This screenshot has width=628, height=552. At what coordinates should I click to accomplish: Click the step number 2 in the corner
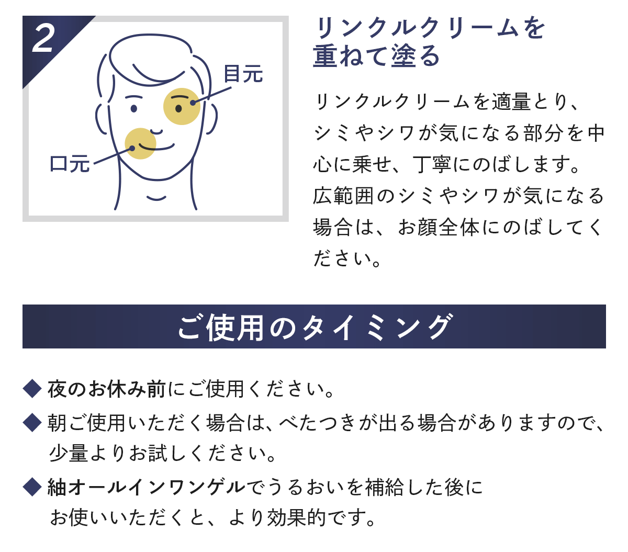[x=43, y=39]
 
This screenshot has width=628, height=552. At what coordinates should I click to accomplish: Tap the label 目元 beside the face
[x=243, y=74]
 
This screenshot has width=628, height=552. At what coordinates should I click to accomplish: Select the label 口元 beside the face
[x=70, y=163]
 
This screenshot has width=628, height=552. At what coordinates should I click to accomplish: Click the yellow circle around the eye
[x=182, y=106]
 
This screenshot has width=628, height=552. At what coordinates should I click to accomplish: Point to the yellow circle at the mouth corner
[x=140, y=143]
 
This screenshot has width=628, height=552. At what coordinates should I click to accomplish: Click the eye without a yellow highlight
[x=134, y=108]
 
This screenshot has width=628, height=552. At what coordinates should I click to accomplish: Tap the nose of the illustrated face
[x=156, y=131]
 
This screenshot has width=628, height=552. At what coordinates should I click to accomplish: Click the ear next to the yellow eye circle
[x=211, y=119]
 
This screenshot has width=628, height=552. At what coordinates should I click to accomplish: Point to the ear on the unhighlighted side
[x=101, y=119]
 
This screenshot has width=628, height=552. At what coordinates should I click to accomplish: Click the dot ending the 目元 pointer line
[x=193, y=103]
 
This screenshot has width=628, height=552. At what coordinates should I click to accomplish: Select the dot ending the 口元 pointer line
[x=132, y=148]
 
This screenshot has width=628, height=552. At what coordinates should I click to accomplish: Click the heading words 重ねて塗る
[x=376, y=56]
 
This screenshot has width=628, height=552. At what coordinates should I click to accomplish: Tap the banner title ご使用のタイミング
[x=314, y=327]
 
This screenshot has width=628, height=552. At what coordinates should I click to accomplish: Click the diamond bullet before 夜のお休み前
[x=32, y=388]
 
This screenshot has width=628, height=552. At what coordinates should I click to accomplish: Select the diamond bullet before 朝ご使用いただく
[x=32, y=422]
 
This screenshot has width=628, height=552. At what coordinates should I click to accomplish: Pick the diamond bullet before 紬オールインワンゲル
[x=32, y=487]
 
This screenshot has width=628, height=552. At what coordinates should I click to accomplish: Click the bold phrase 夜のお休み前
[x=106, y=389]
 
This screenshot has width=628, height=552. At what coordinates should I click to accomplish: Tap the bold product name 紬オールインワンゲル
[x=146, y=487]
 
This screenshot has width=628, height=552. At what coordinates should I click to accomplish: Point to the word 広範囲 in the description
[x=343, y=196]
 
